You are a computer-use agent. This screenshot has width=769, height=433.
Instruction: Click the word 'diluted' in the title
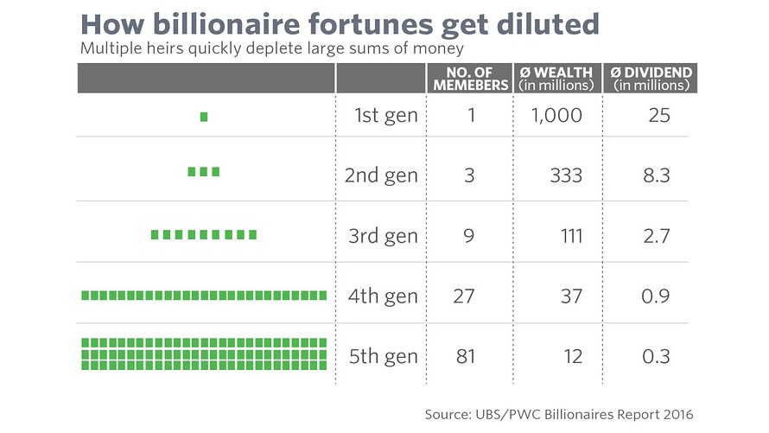539,23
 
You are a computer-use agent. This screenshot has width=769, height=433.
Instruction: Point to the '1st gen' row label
385,115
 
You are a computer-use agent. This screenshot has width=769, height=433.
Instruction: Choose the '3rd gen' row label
381,236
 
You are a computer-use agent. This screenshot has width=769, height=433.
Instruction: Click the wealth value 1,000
557,115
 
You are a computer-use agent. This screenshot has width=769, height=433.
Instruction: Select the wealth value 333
566,175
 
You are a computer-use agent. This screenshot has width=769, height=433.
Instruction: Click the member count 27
464,296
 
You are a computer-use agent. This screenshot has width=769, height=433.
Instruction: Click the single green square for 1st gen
204,117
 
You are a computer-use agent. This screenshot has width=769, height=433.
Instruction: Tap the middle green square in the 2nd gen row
204,172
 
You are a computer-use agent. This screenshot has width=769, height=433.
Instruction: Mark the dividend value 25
659,115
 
